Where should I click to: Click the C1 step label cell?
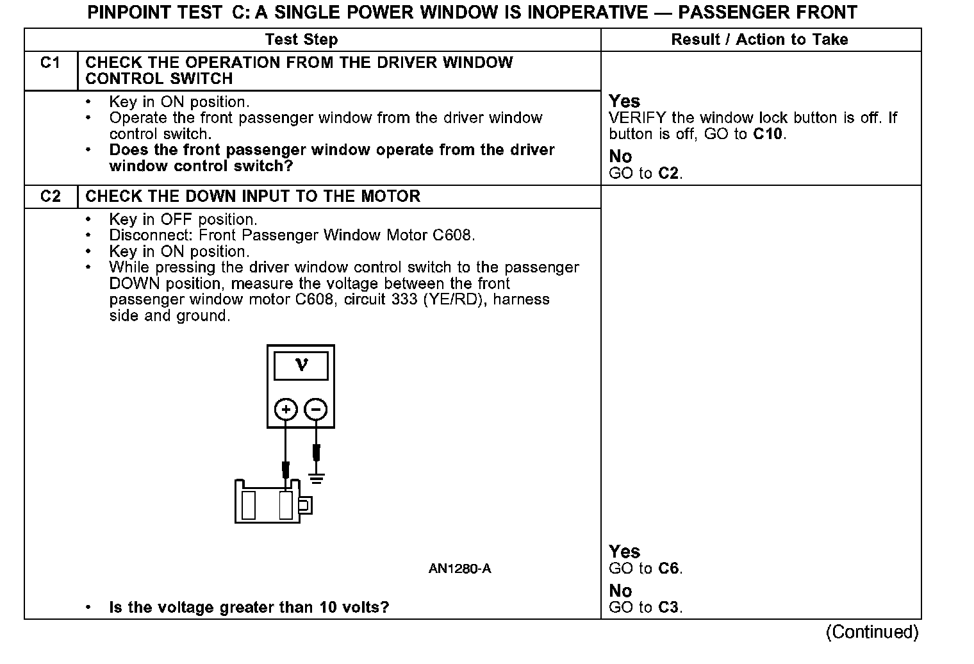click(50, 63)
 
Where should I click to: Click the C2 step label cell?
click(50, 196)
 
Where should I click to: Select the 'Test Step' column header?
click(301, 40)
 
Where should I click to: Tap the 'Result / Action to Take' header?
click(759, 40)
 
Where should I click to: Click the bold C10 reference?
click(768, 135)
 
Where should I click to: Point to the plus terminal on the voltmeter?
click(286, 409)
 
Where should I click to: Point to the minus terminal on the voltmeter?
click(315, 409)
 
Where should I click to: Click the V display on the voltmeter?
click(301, 367)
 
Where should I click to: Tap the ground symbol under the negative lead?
click(316, 477)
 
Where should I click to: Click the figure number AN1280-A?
click(459, 569)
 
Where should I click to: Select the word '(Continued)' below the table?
click(872, 633)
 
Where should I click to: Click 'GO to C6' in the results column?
click(645, 569)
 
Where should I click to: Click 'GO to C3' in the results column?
click(645, 608)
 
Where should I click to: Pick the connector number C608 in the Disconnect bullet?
click(453, 235)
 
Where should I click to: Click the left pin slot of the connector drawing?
click(249, 504)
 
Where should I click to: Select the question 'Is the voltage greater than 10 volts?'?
click(249, 608)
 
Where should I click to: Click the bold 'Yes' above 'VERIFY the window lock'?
click(624, 101)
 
